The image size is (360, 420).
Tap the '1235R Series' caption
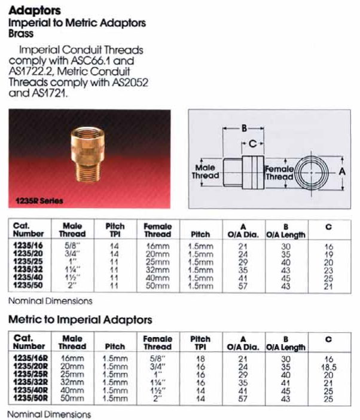[x=40, y=201]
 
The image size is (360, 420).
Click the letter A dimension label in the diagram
[x=343, y=170]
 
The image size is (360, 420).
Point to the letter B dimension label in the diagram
[x=245, y=128]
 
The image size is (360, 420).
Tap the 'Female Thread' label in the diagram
[x=279, y=173]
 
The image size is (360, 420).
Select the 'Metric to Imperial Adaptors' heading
[x=80, y=320]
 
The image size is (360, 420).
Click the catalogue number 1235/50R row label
[x=30, y=397]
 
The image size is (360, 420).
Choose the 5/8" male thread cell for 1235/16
[x=72, y=246]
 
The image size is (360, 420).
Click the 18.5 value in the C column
[x=328, y=366]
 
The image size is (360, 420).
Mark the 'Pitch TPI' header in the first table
[x=115, y=230]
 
